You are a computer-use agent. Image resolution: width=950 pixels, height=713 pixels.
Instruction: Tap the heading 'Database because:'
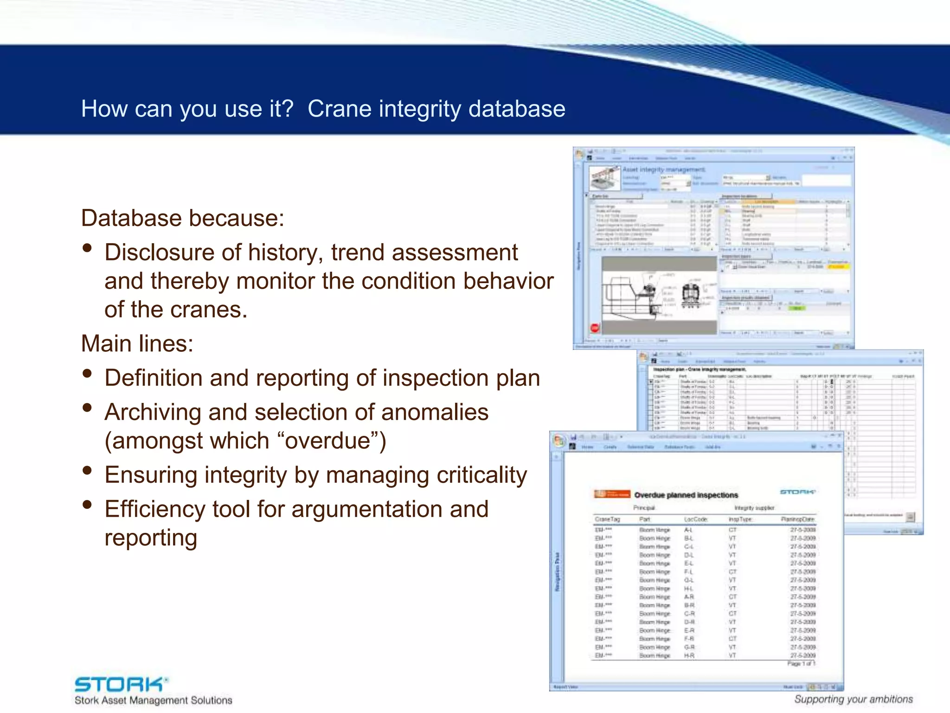tap(182, 218)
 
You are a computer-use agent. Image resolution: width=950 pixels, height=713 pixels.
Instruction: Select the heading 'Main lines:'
tap(137, 344)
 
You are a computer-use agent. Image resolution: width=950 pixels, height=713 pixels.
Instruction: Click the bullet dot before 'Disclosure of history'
tap(87, 248)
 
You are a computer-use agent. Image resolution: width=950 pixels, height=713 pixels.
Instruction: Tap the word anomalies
tap(437, 412)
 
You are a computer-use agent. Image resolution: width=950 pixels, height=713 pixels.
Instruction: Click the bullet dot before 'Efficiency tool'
tap(87, 505)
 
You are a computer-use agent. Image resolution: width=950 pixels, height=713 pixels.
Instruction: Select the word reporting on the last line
tap(151, 538)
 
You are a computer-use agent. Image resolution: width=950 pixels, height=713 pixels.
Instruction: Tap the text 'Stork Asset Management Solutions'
tap(153, 700)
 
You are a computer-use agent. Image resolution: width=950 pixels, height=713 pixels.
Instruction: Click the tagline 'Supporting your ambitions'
tap(853, 699)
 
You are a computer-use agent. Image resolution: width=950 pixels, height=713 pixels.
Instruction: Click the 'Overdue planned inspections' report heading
tap(686, 495)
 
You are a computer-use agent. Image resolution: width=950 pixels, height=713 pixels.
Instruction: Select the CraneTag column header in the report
tap(607, 519)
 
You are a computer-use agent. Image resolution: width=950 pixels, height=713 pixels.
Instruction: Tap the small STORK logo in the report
tap(797, 492)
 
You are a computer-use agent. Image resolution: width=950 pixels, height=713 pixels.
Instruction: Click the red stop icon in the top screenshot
tap(595, 328)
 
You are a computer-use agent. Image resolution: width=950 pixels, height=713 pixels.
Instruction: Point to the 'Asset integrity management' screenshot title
tap(663, 169)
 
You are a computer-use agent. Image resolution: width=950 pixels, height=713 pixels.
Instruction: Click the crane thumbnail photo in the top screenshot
tap(604, 178)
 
